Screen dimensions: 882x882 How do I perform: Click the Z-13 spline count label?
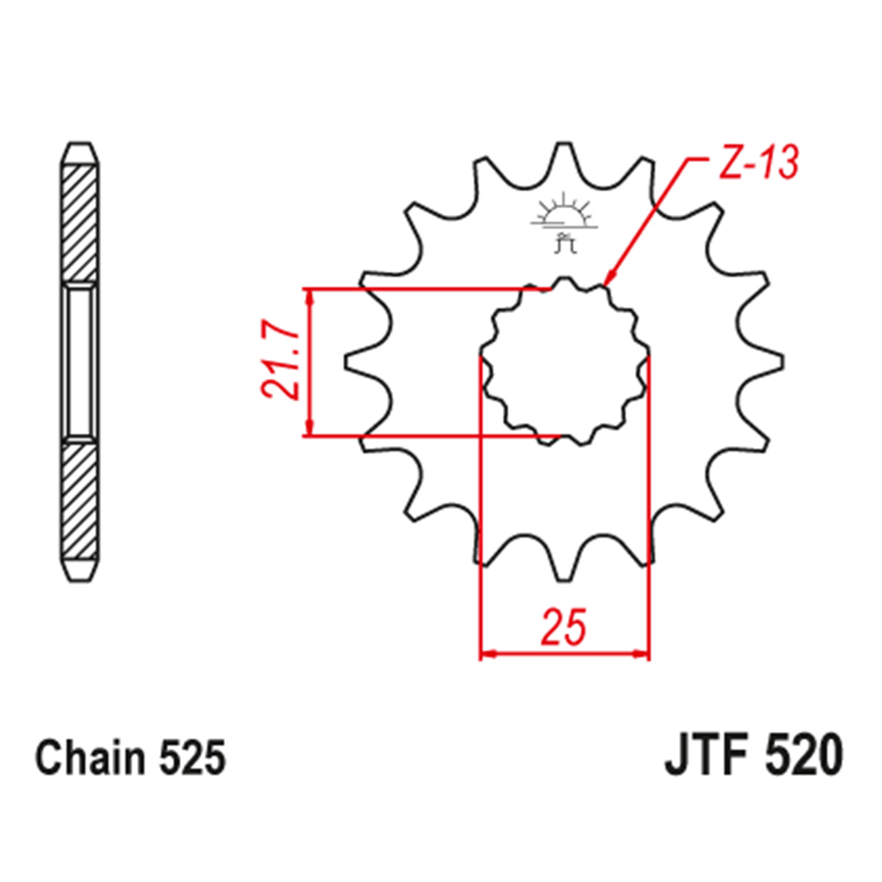click(x=757, y=165)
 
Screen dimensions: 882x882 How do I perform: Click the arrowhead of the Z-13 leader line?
click(x=609, y=280)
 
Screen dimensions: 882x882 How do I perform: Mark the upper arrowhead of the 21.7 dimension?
click(x=309, y=296)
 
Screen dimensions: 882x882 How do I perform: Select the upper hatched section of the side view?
click(x=79, y=220)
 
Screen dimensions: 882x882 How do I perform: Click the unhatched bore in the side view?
click(x=79, y=362)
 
